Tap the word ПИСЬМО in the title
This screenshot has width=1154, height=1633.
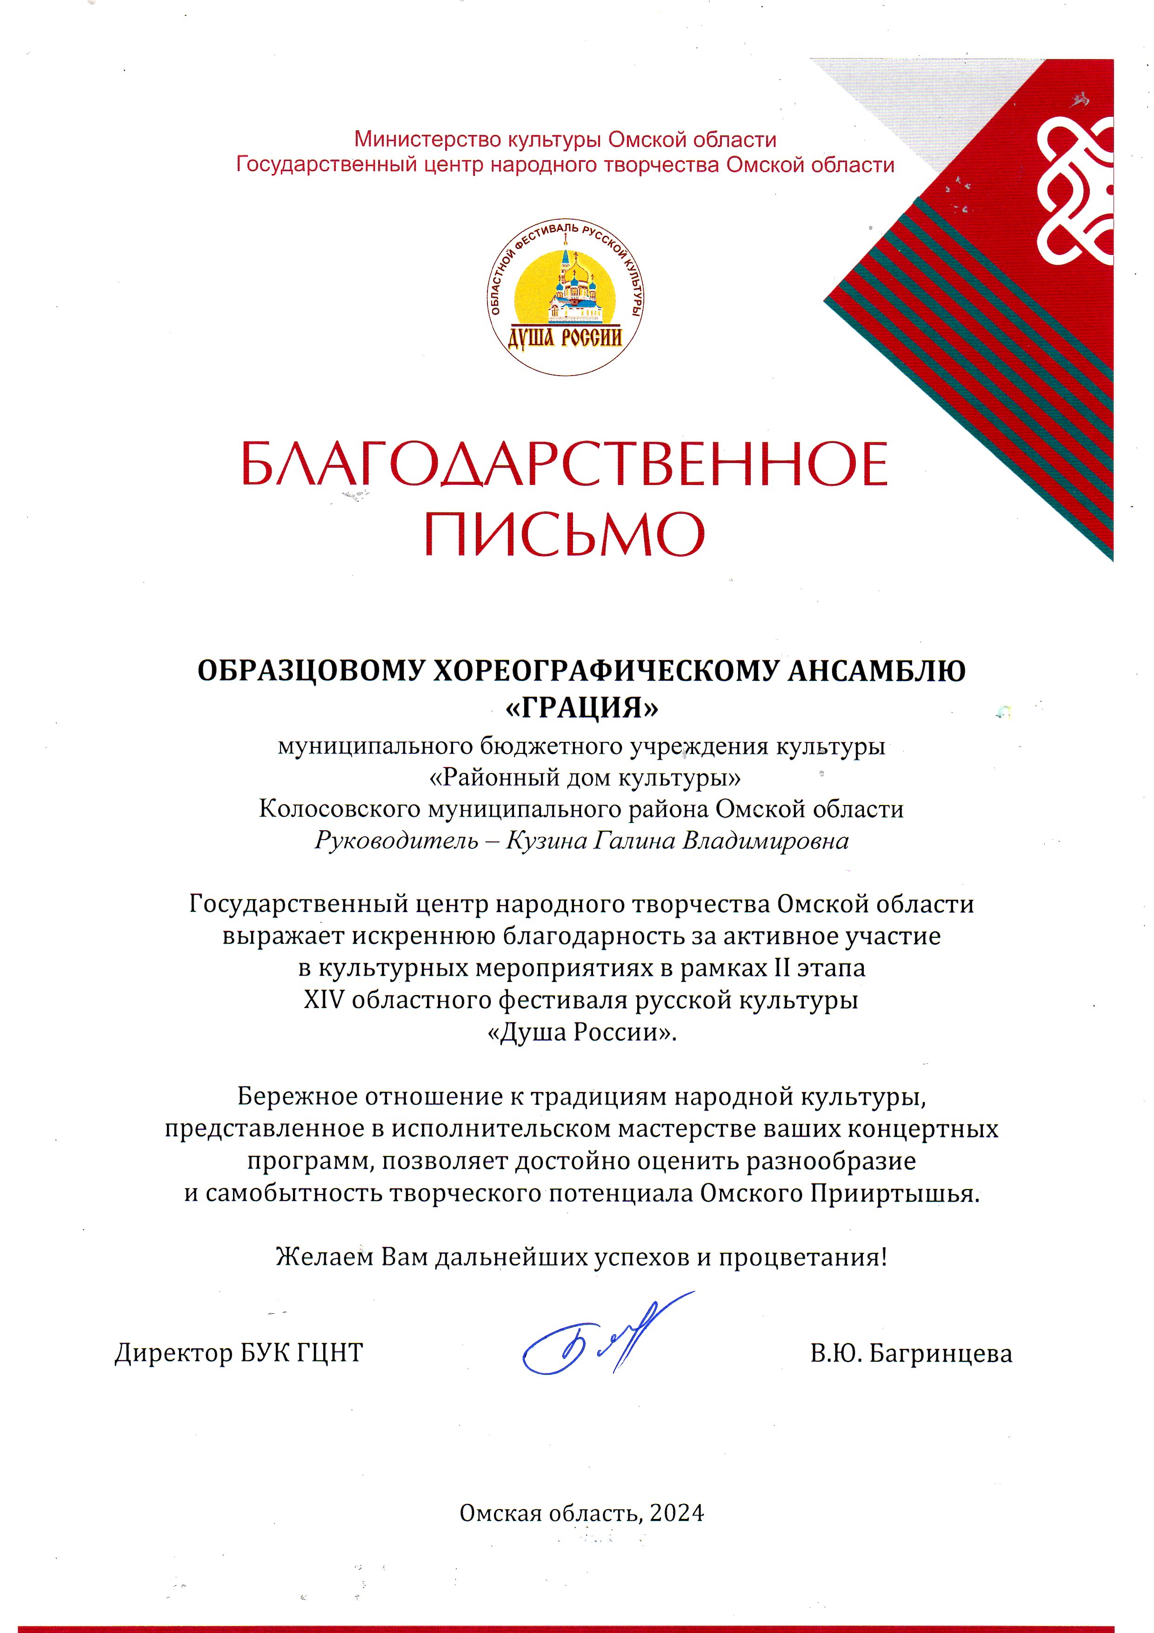(x=565, y=533)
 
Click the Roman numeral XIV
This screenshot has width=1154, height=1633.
(x=324, y=1000)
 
